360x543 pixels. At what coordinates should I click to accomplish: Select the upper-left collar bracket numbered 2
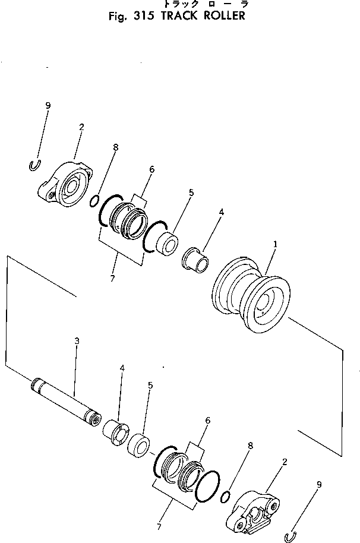(x=65, y=185)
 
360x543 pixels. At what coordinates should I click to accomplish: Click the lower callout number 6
(x=207, y=421)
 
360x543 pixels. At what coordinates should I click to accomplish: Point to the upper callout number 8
(x=116, y=147)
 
